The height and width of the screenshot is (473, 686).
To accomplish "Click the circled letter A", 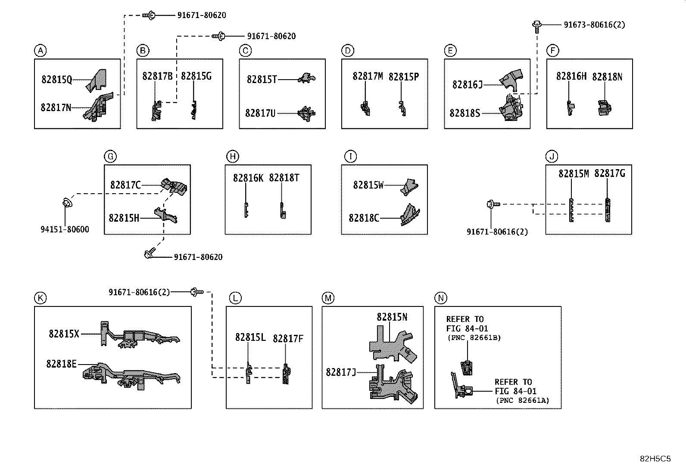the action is pos(41,50).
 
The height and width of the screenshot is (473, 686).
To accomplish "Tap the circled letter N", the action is pos(441,298).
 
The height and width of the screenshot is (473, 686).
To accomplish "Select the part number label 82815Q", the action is pos(56,80).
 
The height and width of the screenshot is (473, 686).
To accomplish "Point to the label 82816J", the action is pos(468,84).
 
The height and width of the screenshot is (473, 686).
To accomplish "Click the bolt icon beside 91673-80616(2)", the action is pos(536,27).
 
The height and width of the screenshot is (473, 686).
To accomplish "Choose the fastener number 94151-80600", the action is pos(65,229).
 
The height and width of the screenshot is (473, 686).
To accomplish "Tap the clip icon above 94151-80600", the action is pos(67,202).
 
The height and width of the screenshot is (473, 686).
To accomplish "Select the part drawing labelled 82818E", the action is pos(132,376).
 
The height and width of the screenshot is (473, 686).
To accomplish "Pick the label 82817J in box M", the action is pos(341,372).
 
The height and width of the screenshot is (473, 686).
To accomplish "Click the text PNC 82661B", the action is pos(474,338).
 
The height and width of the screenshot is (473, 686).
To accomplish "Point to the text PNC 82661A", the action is pos(523,401).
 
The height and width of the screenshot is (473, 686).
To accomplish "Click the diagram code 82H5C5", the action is pos(655,459).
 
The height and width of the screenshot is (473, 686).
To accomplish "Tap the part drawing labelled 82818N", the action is pos(605,108).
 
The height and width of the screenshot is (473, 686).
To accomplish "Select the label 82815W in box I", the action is pos(368,185).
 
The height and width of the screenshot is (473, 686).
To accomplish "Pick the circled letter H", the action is pos(232,156).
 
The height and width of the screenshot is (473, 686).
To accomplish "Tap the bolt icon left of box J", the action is pos(493,204).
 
